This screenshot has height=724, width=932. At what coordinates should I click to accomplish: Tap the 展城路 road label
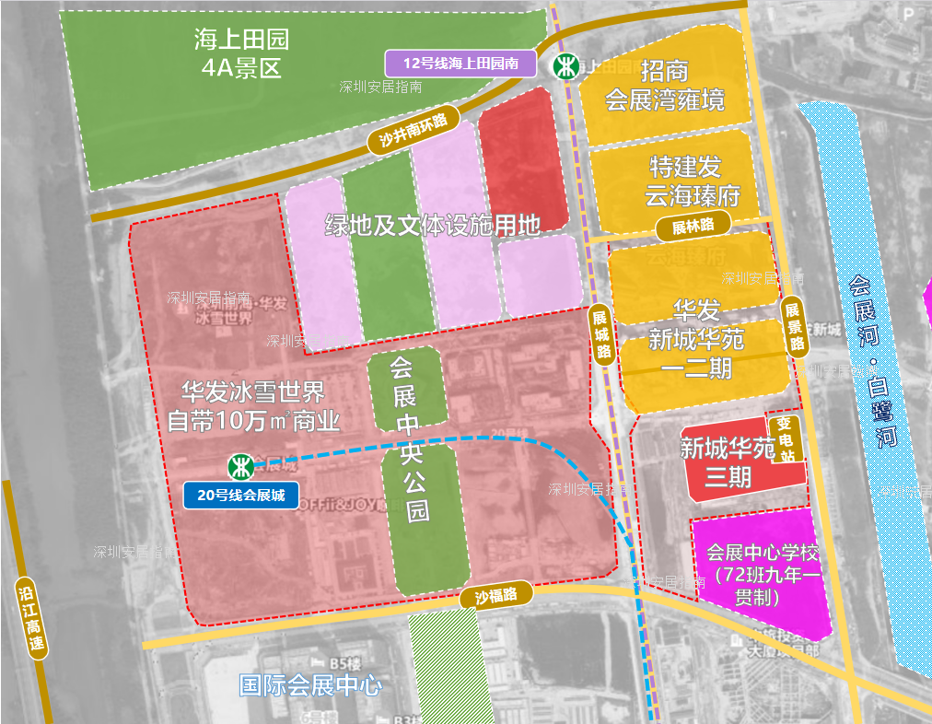601,333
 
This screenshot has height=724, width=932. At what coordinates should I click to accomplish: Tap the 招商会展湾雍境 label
664,85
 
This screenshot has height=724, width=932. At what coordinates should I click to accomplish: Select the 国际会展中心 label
310,685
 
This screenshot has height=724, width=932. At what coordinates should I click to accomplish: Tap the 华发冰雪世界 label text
252,406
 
